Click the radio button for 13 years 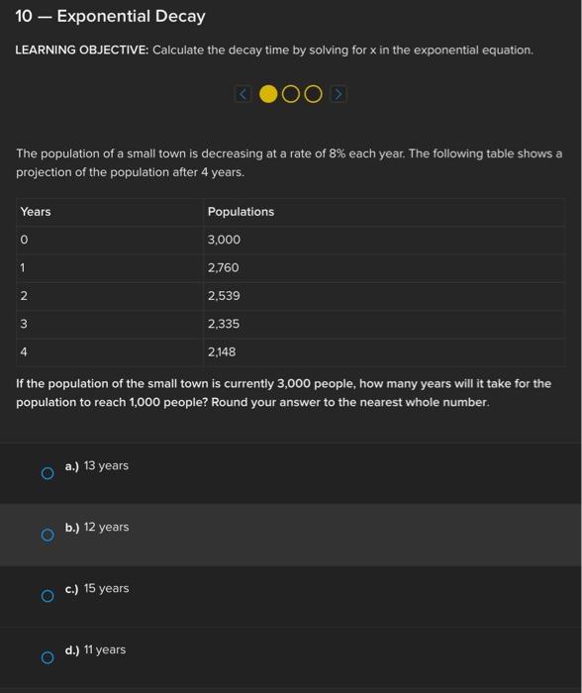click(x=47, y=473)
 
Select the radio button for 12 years click(x=47, y=535)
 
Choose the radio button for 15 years click(x=47, y=596)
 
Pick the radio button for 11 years click(x=47, y=657)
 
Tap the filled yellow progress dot click(x=267, y=94)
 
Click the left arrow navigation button click(x=243, y=94)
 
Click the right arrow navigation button click(x=338, y=94)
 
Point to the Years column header click(x=36, y=212)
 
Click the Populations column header click(x=241, y=212)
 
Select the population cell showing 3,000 click(x=224, y=241)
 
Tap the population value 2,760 click(x=224, y=268)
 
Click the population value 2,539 click(x=224, y=296)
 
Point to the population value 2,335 click(x=224, y=324)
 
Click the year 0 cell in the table click(x=24, y=241)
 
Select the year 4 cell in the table click(x=24, y=351)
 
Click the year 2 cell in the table click(x=24, y=296)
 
